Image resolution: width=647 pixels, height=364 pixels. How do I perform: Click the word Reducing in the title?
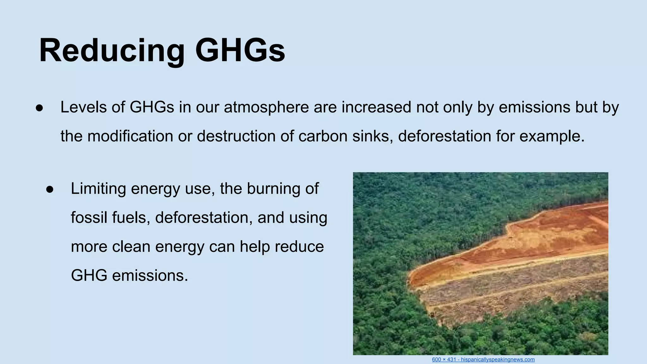112,51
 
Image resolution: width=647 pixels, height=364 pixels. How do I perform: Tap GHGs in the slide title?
240,51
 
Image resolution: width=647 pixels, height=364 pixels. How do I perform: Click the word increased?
376,107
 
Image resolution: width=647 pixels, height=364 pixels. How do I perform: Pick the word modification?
130,136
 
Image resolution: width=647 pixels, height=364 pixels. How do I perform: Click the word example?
552,136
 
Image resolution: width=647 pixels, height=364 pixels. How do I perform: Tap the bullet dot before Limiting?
50,189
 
